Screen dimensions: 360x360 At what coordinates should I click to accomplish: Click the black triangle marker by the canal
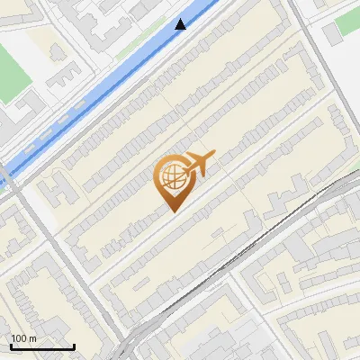(x=181, y=24)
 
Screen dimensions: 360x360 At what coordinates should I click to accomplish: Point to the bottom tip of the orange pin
(x=172, y=211)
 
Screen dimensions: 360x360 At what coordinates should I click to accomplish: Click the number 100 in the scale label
(x=19, y=338)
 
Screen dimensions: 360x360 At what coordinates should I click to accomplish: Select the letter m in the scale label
(x=32, y=338)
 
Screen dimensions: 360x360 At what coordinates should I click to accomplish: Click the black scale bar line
(x=41, y=346)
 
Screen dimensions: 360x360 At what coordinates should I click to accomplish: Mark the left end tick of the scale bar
(x=11, y=345)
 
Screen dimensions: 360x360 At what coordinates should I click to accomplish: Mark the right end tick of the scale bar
(x=73, y=345)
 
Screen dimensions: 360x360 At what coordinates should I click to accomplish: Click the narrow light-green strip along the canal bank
(x=135, y=47)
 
